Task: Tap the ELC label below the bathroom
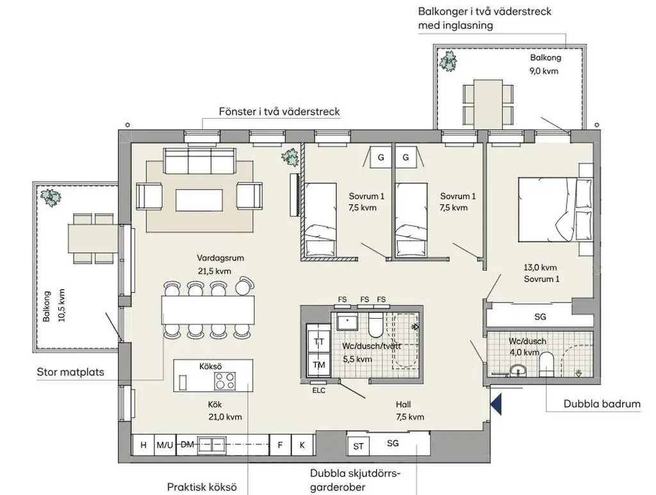[319, 390]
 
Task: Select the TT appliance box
[319, 341]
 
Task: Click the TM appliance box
[319, 364]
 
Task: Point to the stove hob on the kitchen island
[225, 381]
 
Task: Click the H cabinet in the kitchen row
[143, 444]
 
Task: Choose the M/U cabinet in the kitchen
[165, 445]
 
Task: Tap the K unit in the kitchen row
[302, 445]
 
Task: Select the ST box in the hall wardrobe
[358, 446]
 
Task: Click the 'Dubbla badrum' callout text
[602, 404]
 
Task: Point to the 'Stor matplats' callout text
[70, 372]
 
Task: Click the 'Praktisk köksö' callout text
[202, 487]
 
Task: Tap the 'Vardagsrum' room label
[220, 258]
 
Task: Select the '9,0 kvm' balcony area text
[544, 71]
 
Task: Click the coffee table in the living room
[199, 200]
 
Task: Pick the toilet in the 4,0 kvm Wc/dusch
[546, 364]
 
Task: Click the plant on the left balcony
[50, 197]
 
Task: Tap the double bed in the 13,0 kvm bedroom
[555, 210]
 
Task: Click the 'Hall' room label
[404, 404]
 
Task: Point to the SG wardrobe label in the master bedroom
[540, 317]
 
